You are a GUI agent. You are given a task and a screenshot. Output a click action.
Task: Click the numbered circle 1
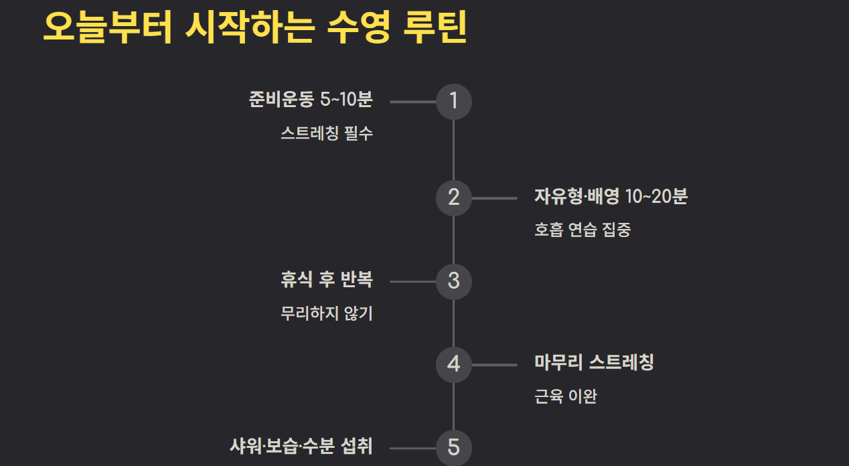[454, 101]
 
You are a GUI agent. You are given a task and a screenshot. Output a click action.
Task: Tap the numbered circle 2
[454, 198]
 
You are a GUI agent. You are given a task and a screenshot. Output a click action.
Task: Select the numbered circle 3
[454, 281]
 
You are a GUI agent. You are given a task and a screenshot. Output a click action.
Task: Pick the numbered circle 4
[454, 364]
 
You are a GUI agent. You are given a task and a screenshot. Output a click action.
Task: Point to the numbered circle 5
[454, 447]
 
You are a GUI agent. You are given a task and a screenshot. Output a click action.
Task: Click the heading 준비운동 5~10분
[310, 100]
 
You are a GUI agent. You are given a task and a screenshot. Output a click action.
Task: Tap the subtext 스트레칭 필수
[327, 133]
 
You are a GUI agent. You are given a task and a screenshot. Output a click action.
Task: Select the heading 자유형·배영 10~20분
[611, 197]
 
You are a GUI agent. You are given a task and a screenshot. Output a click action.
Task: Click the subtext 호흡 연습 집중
[583, 230]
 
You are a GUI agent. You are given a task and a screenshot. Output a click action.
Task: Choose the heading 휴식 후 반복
[327, 280]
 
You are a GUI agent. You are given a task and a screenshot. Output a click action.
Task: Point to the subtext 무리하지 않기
[327, 313]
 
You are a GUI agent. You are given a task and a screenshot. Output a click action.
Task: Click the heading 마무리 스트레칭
[594, 363]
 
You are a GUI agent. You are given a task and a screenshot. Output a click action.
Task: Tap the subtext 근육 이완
[566, 396]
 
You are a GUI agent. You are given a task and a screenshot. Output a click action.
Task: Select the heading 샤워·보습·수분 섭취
[301, 447]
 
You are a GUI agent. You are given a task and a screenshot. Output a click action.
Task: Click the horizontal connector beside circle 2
[494, 198]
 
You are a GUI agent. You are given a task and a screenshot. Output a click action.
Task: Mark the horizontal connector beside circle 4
[494, 365]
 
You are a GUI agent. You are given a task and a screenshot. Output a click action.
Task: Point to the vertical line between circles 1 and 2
[454, 149]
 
